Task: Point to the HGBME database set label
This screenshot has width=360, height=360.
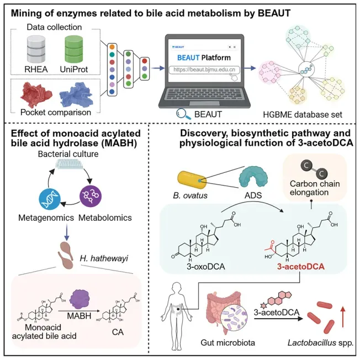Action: tap(307, 114)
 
